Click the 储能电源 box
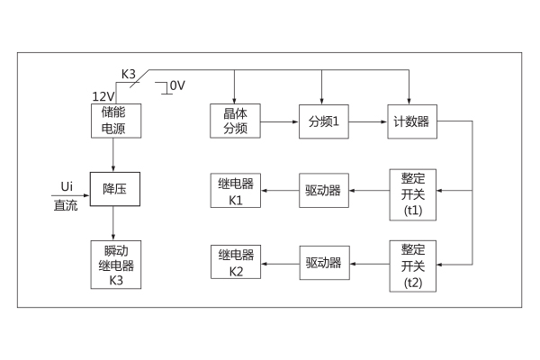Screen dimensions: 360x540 (112, 120)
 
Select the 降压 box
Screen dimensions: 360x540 (112, 191)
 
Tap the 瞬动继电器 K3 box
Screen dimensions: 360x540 (112, 264)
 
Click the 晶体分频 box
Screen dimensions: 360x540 (234, 120)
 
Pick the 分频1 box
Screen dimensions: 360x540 (322, 120)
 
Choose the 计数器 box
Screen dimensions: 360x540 (411, 120)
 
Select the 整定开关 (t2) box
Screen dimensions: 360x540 (412, 264)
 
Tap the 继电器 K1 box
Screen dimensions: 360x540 (234, 191)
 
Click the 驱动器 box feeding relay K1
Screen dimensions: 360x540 (322, 191)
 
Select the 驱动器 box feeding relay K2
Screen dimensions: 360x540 (322, 263)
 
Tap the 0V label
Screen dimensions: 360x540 (176, 85)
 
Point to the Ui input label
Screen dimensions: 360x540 (67, 185)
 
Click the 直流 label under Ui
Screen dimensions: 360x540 (67, 205)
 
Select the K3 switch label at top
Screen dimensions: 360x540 (129, 75)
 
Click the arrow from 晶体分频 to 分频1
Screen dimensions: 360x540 (279, 120)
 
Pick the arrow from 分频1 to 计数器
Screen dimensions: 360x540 (366, 120)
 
